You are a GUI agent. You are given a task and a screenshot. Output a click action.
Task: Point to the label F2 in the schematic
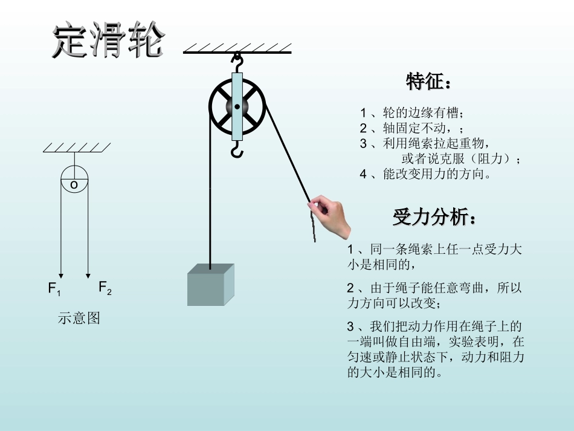pyautogui.click(x=105, y=288)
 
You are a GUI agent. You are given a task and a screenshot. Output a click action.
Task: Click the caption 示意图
pyautogui.click(x=79, y=318)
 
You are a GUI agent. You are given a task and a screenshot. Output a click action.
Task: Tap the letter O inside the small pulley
pyautogui.click(x=74, y=185)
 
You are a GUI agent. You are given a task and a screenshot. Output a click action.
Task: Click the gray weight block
pyautogui.click(x=210, y=285)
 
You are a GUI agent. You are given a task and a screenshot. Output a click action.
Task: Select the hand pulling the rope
pyautogui.click(x=333, y=215)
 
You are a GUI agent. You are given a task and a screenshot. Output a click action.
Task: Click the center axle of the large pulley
pyautogui.click(x=237, y=107)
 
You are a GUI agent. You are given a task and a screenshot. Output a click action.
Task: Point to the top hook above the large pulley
pyautogui.click(x=237, y=62)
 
